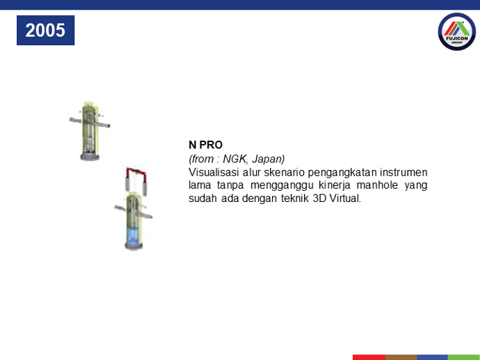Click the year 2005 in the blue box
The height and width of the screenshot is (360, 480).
click(x=45, y=30)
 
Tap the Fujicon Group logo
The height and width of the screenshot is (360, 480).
click(x=457, y=31)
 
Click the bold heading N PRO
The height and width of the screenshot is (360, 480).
click(x=205, y=145)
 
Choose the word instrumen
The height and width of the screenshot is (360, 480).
click(x=403, y=172)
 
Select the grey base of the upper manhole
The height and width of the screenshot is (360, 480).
click(x=90, y=157)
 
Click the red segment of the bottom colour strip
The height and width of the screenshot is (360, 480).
click(x=369, y=357)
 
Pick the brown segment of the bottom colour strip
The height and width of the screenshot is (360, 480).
click(x=401, y=357)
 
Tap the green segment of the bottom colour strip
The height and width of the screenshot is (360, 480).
click(x=464, y=357)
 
